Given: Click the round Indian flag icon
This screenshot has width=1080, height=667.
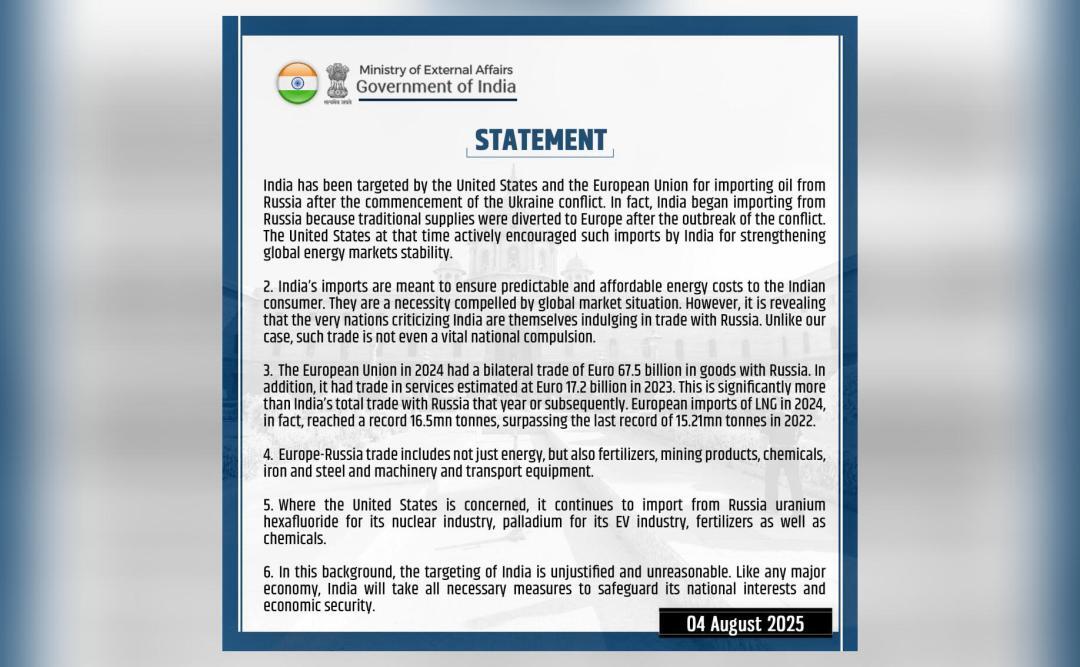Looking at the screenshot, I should (297, 83).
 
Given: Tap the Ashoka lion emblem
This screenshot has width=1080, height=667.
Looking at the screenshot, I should (337, 82).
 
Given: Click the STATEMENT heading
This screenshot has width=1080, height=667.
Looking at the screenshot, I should (540, 140).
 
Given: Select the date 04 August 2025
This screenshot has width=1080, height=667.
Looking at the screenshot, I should (745, 624).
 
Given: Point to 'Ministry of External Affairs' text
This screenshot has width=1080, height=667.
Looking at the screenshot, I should (436, 69).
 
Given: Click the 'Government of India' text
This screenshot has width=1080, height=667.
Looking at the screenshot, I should (436, 87).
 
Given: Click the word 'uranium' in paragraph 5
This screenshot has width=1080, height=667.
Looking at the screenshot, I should (795, 505).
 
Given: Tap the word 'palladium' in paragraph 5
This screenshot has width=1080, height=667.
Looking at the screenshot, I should (523, 522).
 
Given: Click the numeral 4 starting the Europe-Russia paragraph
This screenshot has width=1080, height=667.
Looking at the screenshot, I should (267, 455).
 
